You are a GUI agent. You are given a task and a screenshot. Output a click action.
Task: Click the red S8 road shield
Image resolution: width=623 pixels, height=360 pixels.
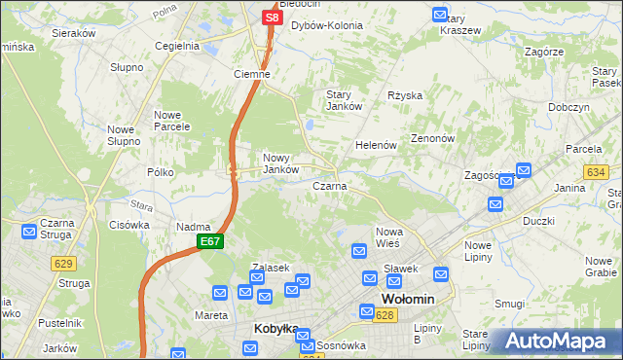(272, 17)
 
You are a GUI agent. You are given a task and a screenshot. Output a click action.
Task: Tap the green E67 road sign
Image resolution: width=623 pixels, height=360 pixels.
(210, 241)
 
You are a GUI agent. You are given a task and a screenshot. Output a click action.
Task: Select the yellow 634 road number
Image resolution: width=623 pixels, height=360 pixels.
(596, 171)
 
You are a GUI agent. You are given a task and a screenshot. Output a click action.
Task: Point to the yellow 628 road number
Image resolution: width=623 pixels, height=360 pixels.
(385, 315)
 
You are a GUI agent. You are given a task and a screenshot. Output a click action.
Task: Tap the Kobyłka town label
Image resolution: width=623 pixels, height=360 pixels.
(275, 329)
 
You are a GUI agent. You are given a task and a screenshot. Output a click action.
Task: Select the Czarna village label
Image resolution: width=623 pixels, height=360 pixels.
(330, 185)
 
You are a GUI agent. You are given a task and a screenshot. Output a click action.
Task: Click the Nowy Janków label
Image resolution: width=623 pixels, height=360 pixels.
(280, 162)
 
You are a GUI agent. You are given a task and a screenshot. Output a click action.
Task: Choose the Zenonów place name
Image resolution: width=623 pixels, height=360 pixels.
(433, 138)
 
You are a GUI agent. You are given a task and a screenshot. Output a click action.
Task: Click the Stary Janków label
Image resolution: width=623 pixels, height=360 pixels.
(345, 99)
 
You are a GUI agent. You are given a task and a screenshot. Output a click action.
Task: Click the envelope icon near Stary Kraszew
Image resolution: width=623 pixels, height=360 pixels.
(440, 16)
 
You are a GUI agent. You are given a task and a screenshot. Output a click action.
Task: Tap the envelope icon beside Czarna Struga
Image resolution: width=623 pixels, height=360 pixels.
(29, 233)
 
